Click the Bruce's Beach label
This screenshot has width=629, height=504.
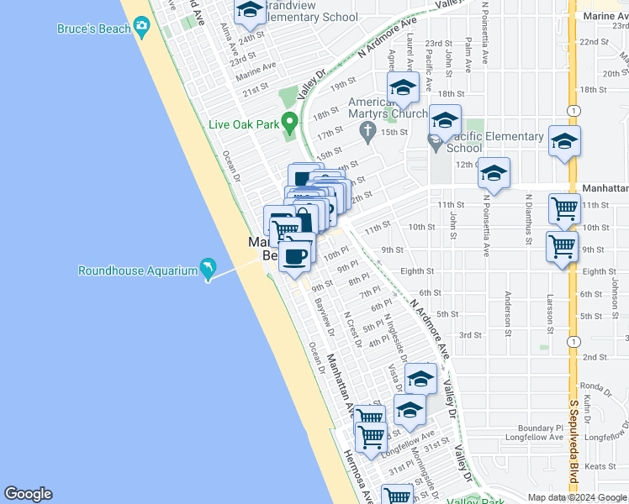pos(93,29)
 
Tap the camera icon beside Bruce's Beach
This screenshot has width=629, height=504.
pos(141,28)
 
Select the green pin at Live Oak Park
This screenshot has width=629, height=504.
pos(290,123)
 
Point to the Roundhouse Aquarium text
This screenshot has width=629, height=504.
pos(136,270)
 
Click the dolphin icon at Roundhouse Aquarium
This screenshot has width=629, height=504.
pos(206,269)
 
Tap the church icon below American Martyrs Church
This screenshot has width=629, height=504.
pos(367,131)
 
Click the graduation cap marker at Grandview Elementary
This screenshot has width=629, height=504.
pos(249,10)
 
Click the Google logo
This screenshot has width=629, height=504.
pos(28,494)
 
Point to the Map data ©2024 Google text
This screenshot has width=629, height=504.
pos(575,496)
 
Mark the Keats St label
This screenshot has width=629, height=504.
pos(595,465)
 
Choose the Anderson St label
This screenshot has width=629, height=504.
pos(508,312)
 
